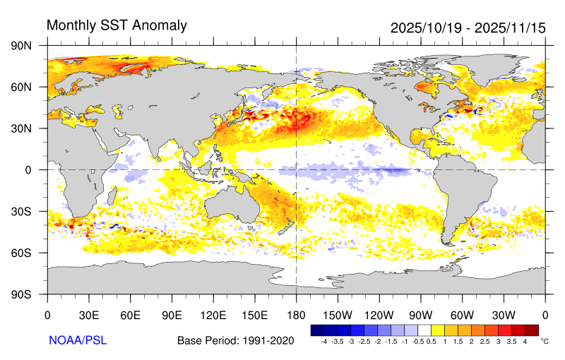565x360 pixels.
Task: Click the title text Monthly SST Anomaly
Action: tap(117, 25)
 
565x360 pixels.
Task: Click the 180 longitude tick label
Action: tap(296, 314)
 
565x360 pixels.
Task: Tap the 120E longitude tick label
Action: tap(213, 314)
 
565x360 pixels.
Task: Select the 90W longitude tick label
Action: tap(420, 314)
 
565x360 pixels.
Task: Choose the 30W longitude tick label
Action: tap(504, 314)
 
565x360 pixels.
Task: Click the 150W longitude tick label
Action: tap(337, 314)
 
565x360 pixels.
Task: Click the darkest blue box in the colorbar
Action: tap(317, 330)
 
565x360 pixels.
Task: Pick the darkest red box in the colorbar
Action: tap(531, 330)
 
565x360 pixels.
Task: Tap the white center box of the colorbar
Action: tap(424, 330)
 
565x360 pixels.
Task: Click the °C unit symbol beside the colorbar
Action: tap(545, 341)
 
